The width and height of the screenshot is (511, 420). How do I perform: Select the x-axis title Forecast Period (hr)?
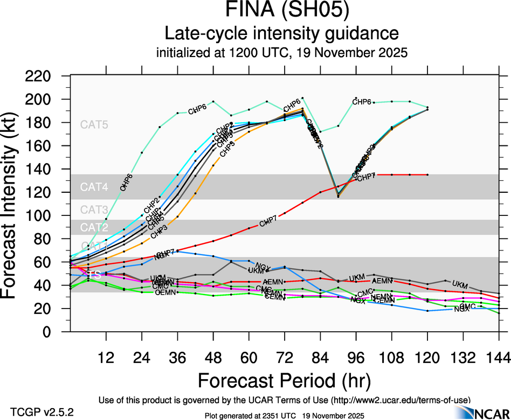click(284, 380)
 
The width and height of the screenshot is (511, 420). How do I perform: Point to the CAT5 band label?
click(94, 124)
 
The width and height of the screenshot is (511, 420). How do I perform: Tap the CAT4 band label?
click(94, 187)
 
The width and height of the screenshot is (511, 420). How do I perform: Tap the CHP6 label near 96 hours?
click(362, 102)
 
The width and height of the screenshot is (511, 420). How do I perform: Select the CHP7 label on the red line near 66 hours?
click(268, 222)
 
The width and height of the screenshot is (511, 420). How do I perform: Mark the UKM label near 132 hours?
click(460, 284)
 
